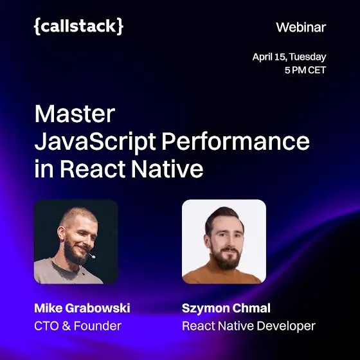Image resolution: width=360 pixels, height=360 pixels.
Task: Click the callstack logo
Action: click(78, 26)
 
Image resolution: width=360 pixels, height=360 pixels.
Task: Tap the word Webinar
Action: click(301, 28)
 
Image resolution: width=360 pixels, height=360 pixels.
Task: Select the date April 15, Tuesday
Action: click(289, 57)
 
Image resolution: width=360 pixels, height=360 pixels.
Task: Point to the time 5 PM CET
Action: click(305, 70)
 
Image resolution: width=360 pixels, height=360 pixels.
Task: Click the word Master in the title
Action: click(75, 114)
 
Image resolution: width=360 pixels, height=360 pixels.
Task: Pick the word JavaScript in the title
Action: click(95, 141)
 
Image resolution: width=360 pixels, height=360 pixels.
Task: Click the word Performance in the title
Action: click(236, 141)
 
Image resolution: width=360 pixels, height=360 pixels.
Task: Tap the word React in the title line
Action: click(93, 169)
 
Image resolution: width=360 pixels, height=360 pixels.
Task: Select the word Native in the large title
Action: click(167, 169)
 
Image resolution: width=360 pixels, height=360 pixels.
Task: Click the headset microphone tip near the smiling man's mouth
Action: click(93, 256)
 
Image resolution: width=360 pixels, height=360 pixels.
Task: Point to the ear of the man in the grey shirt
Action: click(61, 233)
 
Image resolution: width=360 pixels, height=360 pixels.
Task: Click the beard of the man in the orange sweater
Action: click(224, 258)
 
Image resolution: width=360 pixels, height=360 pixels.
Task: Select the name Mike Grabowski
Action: click(82, 308)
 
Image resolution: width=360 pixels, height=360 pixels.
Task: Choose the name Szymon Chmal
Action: click(226, 308)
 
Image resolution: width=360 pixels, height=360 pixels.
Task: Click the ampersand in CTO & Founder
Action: click(66, 326)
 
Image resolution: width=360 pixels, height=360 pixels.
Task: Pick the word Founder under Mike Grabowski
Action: click(98, 326)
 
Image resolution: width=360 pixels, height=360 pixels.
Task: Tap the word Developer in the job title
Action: click(286, 326)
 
